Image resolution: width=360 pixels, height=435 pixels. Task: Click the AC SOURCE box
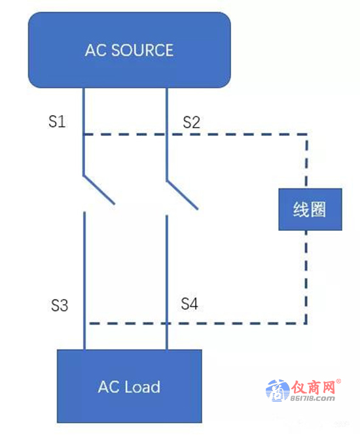pos(130,50)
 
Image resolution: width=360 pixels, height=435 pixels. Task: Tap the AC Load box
pos(130,386)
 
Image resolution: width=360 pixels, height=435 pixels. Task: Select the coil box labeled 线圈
pos(310,209)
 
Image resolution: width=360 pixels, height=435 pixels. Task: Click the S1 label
pos(57,122)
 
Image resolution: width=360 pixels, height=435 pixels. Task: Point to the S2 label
pos(192,122)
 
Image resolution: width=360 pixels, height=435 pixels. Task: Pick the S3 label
pos(60,305)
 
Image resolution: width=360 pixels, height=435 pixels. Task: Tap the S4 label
pos(190,304)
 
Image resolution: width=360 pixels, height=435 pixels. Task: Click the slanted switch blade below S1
pos(99,190)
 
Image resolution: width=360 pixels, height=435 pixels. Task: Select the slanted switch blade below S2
pos(182,195)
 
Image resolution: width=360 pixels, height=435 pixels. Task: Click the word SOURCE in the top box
pos(143,50)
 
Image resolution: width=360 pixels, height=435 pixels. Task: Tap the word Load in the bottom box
pos(143,387)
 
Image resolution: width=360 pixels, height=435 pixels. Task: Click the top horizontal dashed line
pos(196,134)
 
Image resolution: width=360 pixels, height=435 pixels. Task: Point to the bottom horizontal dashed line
pos(198,323)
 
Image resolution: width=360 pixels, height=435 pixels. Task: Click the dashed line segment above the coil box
pos(306,161)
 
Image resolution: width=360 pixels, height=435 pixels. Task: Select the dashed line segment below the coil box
pos(306,277)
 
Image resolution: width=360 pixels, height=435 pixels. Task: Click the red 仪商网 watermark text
pos(313,387)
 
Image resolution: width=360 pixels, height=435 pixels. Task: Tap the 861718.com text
pos(312,398)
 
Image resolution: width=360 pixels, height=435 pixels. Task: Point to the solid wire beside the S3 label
pos(84,281)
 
